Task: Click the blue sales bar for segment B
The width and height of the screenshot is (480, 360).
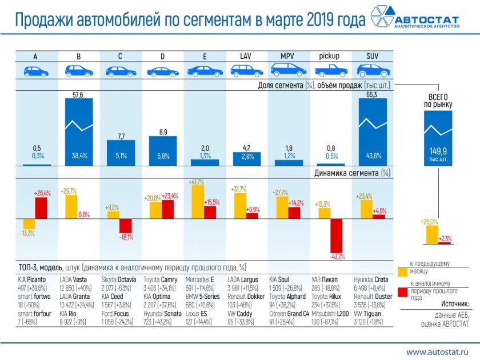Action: pyautogui.click(x=78, y=131)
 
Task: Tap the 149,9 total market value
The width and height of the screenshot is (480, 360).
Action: pyautogui.click(x=439, y=151)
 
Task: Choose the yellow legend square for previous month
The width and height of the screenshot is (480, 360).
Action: pyautogui.click(x=401, y=267)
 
